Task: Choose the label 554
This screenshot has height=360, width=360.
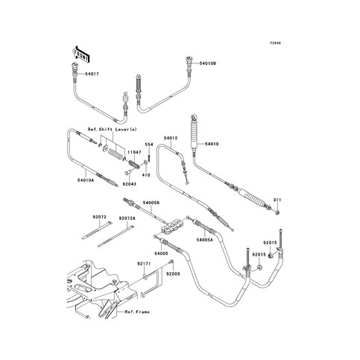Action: coord(149,145)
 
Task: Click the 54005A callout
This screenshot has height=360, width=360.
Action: coord(205,240)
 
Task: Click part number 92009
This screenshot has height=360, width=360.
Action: coord(173,274)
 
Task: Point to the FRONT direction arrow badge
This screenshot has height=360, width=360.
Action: coord(80,54)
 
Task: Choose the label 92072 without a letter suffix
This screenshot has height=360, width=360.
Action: coord(101,217)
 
